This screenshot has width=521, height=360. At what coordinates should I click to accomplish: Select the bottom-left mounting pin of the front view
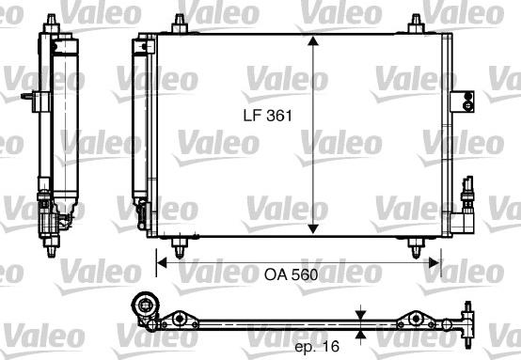(181, 246)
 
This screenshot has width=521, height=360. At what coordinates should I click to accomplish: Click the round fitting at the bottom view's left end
(142, 306)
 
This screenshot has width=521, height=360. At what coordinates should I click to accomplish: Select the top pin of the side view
(47, 20)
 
